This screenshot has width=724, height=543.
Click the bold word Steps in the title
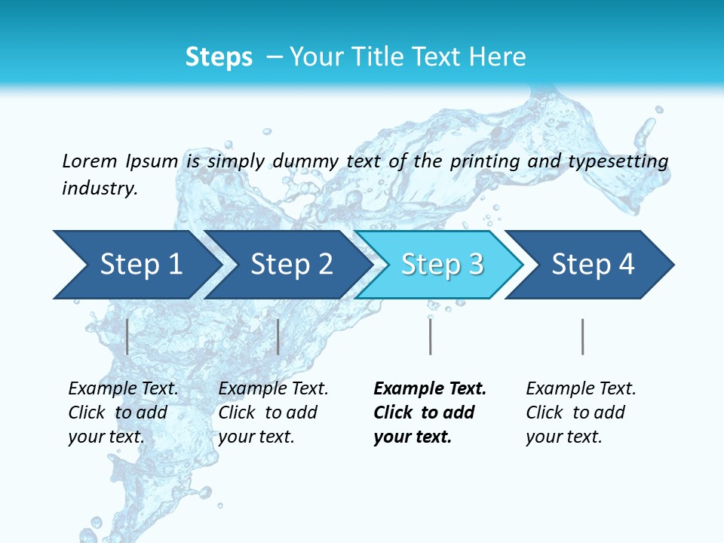click(219, 57)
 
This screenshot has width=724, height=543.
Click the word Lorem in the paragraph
click(89, 161)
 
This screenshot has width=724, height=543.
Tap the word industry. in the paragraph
click(100, 189)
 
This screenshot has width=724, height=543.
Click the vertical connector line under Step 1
click(127, 336)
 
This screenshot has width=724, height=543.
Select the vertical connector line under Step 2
click(278, 336)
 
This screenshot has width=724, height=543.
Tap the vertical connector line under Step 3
click(430, 336)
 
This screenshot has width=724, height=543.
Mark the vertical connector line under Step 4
click(582, 336)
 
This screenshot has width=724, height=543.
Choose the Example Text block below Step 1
click(123, 413)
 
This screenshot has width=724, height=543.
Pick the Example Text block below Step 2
click(273, 413)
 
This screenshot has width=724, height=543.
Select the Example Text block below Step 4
click(580, 413)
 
